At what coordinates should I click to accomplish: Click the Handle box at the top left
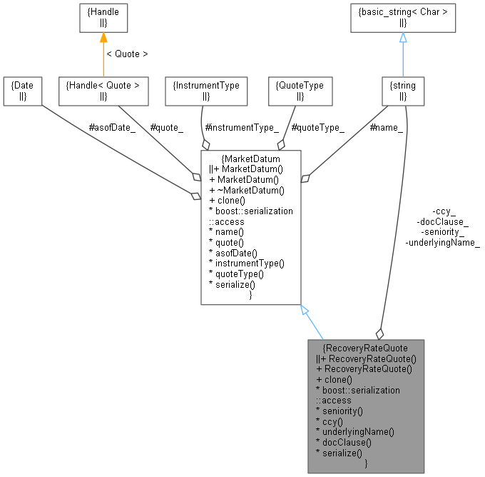103,19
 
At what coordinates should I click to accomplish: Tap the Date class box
22,91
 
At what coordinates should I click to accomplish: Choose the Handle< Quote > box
103,91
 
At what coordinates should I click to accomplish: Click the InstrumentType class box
206,91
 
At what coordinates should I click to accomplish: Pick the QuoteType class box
300,91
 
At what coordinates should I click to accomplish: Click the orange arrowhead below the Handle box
103,38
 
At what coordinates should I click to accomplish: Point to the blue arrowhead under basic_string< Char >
403,38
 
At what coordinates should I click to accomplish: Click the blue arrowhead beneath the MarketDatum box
305,311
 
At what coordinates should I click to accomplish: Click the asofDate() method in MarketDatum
235,253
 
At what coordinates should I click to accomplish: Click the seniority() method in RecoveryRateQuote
342,411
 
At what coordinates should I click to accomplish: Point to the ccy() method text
334,421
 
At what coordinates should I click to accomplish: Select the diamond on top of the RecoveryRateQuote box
379,333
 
